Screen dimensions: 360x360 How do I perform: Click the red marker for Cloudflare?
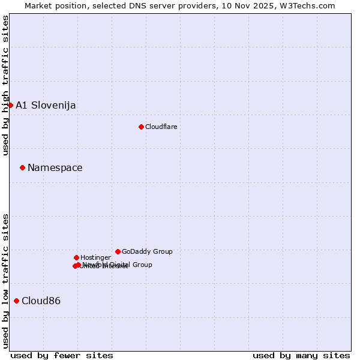point(141,127)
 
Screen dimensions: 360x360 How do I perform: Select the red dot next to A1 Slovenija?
point(10,105)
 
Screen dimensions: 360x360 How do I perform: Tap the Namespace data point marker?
point(22,167)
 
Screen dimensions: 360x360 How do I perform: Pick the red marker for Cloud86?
point(16,301)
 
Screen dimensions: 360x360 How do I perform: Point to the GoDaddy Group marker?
point(118,251)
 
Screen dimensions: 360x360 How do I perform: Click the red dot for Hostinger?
point(76,257)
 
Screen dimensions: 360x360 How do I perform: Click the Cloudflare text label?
point(161,127)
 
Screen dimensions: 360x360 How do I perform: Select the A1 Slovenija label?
point(46,105)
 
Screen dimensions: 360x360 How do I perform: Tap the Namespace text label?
point(55,167)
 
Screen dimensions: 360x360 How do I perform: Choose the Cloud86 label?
point(41,301)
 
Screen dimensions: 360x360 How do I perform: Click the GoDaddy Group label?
point(147,251)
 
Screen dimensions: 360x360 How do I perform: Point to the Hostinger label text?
point(95,257)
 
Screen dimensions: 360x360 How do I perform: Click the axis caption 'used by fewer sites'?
point(62,355)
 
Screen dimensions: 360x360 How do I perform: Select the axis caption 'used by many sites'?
point(301,355)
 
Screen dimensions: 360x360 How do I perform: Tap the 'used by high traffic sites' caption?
point(5,85)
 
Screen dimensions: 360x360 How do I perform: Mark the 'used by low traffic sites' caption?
point(5,281)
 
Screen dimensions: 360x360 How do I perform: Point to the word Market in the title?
point(38,5)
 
